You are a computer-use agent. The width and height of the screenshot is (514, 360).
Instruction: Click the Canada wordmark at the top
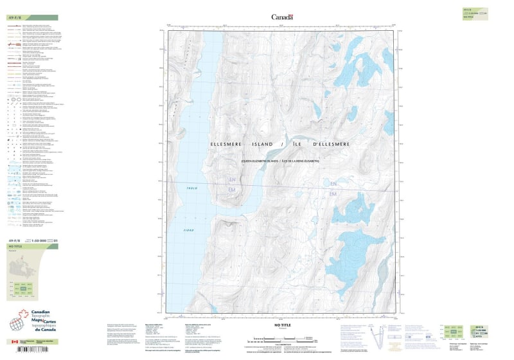[281, 17]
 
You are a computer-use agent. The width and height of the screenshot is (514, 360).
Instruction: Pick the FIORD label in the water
[188, 230]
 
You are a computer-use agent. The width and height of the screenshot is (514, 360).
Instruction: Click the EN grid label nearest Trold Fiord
[233, 181]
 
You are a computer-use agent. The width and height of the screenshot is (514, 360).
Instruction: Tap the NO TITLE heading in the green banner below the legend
[14, 247]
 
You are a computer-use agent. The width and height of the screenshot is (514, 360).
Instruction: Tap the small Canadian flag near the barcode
[15, 341]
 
